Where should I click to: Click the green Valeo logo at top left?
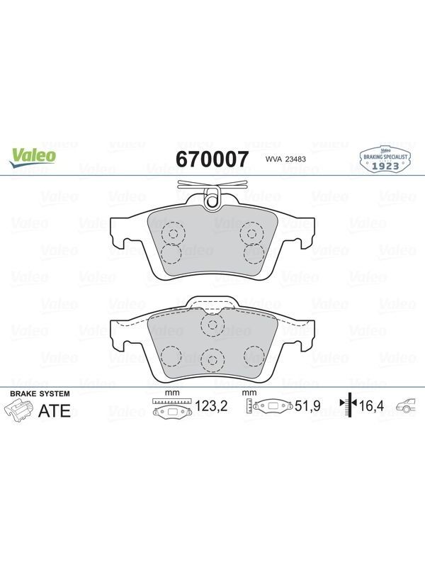pyautogui.click(x=33, y=158)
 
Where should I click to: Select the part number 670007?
pyautogui.click(x=212, y=159)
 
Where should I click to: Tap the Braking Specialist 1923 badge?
pyautogui.click(x=385, y=159)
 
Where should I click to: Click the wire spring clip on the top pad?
pyautogui.click(x=212, y=184)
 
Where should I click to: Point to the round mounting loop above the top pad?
pyautogui.click(x=212, y=198)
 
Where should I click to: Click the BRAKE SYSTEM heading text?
pyautogui.click(x=40, y=393)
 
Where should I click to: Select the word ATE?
pyautogui.click(x=55, y=411)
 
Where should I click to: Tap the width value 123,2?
pyautogui.click(x=211, y=406)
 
